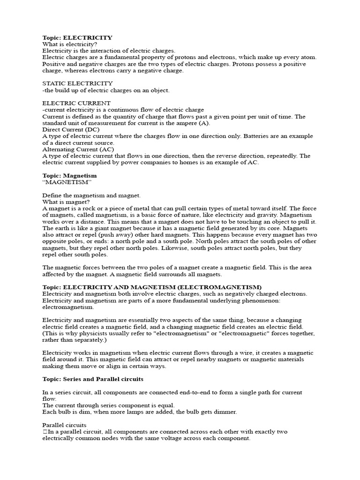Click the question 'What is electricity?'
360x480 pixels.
[x=70, y=44]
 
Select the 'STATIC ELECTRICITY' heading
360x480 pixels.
[x=77, y=83]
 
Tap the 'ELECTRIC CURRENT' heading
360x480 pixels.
[x=76, y=103]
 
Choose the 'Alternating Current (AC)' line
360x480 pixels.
[x=78, y=149]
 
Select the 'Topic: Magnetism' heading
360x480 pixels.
[x=69, y=175]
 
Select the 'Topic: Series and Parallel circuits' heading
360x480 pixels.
[x=93, y=379]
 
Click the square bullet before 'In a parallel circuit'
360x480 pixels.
[x=45, y=431]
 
